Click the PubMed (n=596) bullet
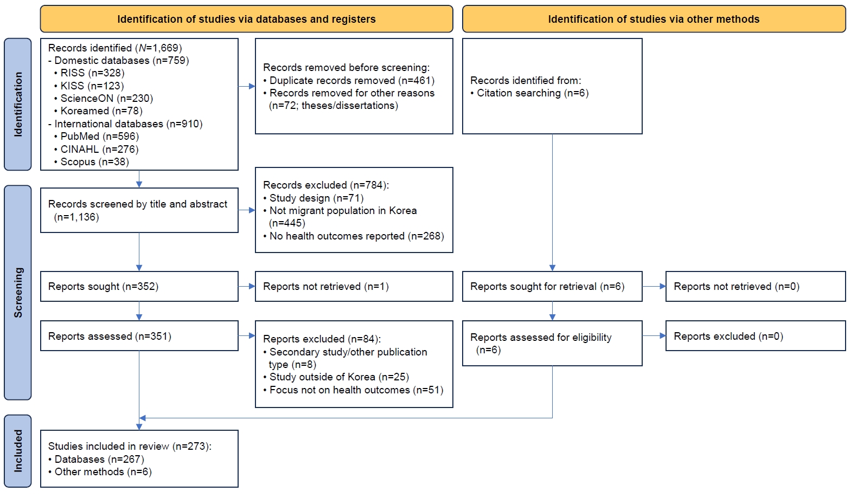pyautogui.click(x=97, y=136)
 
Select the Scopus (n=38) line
pyautogui.click(x=92, y=161)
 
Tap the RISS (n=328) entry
pyautogui.click(x=89, y=73)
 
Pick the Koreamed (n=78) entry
pyautogui.click(x=98, y=111)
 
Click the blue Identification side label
pyautogui.click(x=18, y=105)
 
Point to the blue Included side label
pyautogui.click(x=18, y=451)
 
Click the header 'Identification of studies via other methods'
pyautogui.click(x=654, y=19)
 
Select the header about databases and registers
pyautogui.click(x=247, y=19)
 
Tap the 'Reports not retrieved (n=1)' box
pyautogui.click(x=354, y=286)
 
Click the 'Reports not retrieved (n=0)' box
pyautogui.click(x=756, y=286)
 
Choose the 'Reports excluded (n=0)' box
pyautogui.click(x=756, y=336)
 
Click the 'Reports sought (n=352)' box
pyautogui.click(x=139, y=286)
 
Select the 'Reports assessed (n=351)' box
pyautogui.click(x=139, y=336)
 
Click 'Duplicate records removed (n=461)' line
pyautogui.click(x=349, y=80)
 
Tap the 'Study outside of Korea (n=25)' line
pyautogui.click(x=336, y=377)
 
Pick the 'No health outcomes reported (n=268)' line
pyautogui.click(x=354, y=236)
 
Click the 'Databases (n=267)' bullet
pyautogui.click(x=97, y=460)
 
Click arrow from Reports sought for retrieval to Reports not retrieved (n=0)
pyautogui.click(x=654, y=286)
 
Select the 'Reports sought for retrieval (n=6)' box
pyautogui.click(x=552, y=286)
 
